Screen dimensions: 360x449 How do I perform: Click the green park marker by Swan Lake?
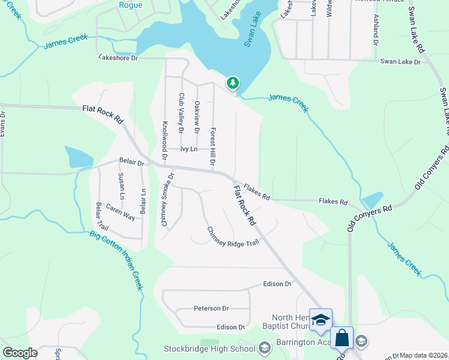click(232, 83)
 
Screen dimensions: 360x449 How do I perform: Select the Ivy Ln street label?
click(189, 149)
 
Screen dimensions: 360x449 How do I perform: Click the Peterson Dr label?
click(211, 308)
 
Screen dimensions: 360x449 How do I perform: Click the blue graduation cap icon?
click(321, 319)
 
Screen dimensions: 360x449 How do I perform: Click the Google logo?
click(20, 353)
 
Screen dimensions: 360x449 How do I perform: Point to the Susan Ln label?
click(121, 185)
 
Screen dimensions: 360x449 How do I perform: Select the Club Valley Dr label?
click(181, 110)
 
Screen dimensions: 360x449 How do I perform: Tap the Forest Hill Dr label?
click(212, 146)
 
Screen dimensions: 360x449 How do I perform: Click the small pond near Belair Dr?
click(79, 157)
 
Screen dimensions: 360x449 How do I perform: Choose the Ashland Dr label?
click(376, 31)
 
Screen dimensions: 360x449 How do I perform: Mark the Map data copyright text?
click(424, 355)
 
